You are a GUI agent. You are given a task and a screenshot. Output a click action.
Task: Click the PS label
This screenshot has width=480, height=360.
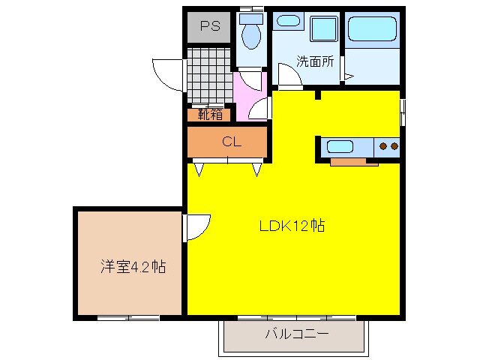(x=209, y=28)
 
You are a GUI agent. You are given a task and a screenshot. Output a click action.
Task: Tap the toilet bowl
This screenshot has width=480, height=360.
(x=251, y=36)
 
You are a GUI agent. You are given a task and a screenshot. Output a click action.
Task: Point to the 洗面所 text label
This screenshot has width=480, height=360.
(x=314, y=62)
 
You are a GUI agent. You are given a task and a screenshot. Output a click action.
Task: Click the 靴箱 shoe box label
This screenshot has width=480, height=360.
(x=210, y=115)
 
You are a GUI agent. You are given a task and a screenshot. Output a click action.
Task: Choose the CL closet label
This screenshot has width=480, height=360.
(x=230, y=142)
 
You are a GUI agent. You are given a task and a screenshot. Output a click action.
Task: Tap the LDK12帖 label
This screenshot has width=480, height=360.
(x=292, y=225)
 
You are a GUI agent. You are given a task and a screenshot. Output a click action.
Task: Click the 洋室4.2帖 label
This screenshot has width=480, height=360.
(x=133, y=266)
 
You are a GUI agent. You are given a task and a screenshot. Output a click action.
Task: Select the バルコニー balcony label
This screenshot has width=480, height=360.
(x=296, y=335)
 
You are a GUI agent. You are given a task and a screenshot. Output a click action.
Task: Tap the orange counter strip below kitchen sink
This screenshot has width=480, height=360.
(x=354, y=161)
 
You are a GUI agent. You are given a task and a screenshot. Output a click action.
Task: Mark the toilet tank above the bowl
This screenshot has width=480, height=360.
(x=252, y=17)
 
